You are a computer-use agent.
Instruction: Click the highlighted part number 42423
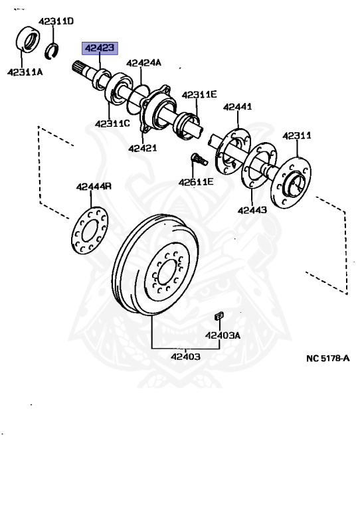(x=99, y=48)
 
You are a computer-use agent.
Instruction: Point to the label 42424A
(x=144, y=63)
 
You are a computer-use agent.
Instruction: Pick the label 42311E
(x=199, y=94)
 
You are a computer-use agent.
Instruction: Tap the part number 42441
(x=237, y=106)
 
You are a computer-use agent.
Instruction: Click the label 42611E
(x=196, y=181)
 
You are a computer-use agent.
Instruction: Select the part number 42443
(x=252, y=210)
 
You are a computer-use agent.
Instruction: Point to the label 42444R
(x=93, y=187)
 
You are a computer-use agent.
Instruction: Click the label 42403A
(x=223, y=335)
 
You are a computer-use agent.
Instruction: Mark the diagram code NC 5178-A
(x=327, y=359)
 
